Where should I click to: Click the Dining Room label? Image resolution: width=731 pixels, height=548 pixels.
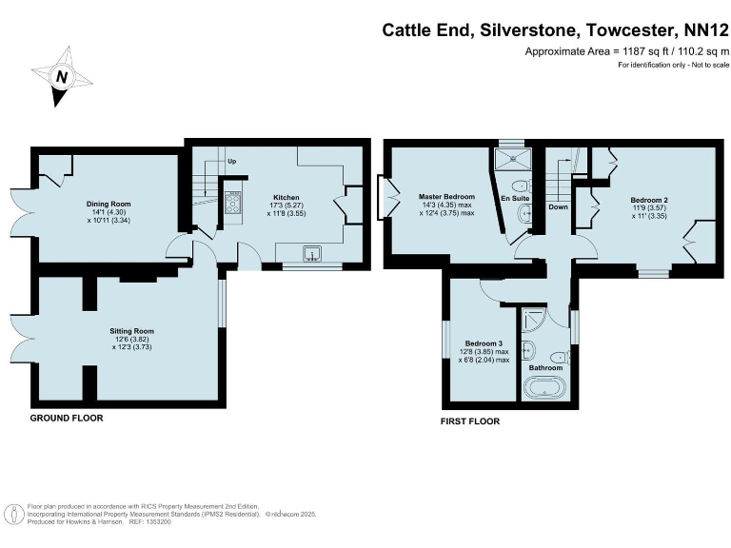pos(109,204)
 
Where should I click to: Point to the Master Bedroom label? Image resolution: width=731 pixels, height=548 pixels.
pos(445,197)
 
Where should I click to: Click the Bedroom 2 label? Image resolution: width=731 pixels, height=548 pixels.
pos(650,200)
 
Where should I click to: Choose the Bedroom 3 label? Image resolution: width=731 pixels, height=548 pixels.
pos(484,342)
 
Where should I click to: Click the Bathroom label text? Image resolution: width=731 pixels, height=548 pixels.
pos(546,367)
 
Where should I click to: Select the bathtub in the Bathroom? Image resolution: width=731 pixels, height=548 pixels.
pos(545,387)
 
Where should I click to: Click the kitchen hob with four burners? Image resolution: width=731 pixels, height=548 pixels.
pos(232,202)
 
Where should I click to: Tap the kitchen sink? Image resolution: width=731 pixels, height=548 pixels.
pos(311,253)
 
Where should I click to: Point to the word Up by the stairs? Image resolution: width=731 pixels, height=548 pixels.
pos(231,162)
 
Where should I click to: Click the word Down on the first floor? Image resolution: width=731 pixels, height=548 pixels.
pos(558,206)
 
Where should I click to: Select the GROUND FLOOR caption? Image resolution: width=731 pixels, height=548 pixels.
pos(67,418)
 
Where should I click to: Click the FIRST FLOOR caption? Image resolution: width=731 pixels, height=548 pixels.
pos(470,421)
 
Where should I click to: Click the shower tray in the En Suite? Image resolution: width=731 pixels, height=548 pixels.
pos(512,157)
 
